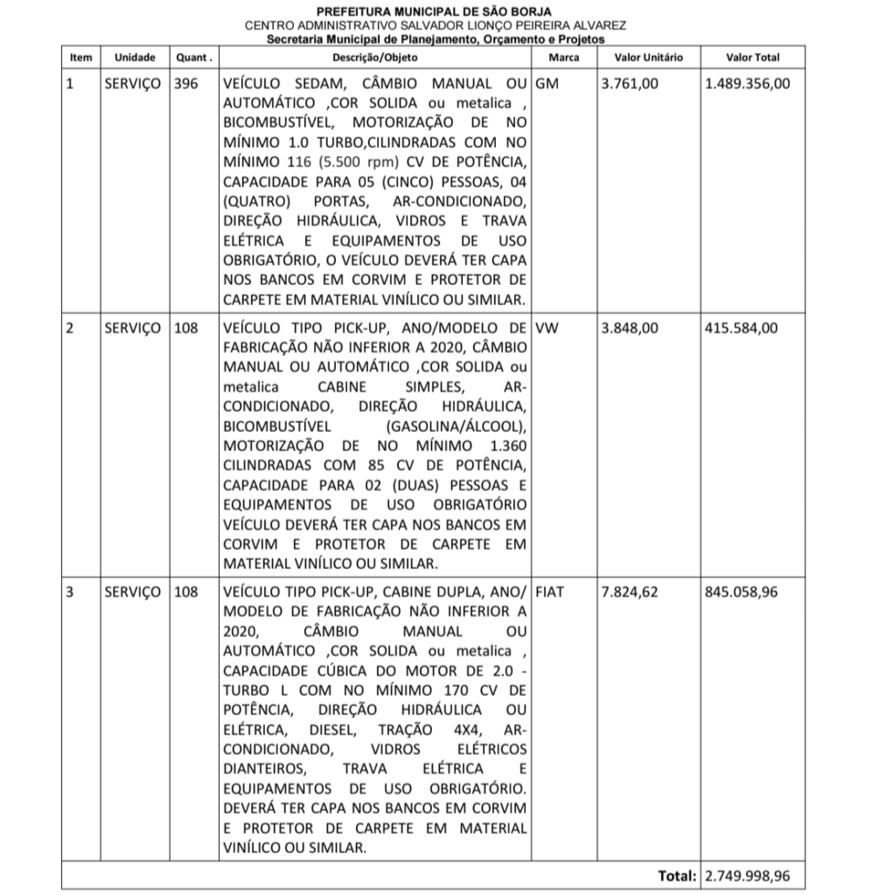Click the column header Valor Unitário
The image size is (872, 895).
pyautogui.click(x=649, y=58)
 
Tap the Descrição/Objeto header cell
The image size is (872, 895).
pyautogui.click(x=375, y=58)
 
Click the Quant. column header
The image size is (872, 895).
pyautogui.click(x=193, y=58)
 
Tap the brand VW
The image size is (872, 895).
pyautogui.click(x=547, y=329)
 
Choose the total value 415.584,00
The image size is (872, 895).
pyautogui.click(x=741, y=329)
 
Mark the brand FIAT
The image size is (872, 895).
pyautogui.click(x=549, y=592)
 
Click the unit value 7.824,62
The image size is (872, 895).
pyautogui.click(x=631, y=592)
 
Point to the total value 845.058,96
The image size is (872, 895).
pyautogui.click(x=741, y=592)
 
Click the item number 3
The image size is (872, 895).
pyautogui.click(x=71, y=592)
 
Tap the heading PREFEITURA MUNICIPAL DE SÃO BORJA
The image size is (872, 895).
pyautogui.click(x=435, y=12)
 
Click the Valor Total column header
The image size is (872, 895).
pyautogui.click(x=753, y=58)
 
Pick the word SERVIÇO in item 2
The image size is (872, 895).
pyautogui.click(x=132, y=329)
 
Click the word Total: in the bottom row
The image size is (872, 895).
pyautogui.click(x=677, y=876)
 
